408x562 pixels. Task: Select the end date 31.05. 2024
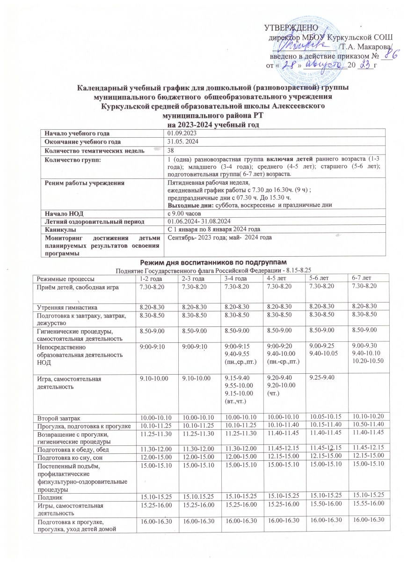182,141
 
